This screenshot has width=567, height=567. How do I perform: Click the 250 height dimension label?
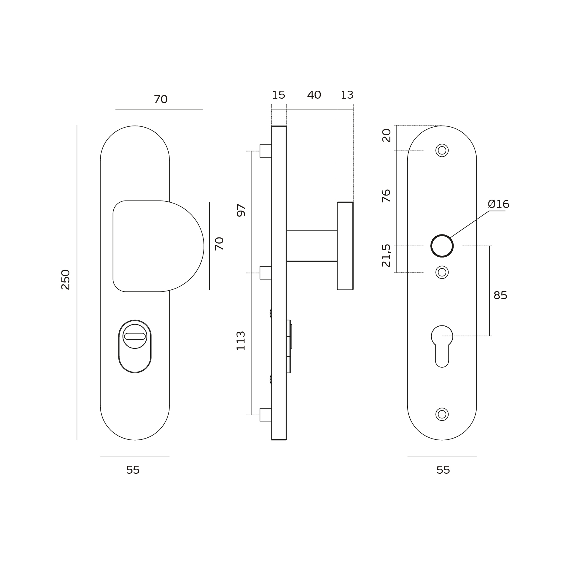tap(65, 279)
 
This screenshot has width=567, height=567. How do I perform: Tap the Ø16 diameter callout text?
tap(498, 204)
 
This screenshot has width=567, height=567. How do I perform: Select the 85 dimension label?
tap(500, 295)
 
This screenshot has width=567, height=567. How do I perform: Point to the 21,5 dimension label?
tap(386, 255)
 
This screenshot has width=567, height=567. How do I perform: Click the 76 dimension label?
tap(386, 196)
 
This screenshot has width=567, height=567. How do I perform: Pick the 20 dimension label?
tap(386, 136)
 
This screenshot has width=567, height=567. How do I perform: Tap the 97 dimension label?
tap(241, 210)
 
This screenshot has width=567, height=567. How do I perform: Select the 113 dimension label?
tap(241, 341)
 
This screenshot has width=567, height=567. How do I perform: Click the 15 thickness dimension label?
tap(278, 95)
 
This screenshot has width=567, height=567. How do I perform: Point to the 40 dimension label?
tap(314, 95)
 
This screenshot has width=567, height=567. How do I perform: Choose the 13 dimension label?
tap(347, 95)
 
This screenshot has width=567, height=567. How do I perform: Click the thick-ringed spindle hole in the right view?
tap(442, 246)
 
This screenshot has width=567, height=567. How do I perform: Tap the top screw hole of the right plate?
tap(442, 150)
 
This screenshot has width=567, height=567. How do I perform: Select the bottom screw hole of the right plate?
tap(442, 414)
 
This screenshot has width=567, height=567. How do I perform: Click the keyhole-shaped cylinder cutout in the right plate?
tap(442, 346)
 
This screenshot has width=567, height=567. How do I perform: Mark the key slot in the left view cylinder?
tap(135, 336)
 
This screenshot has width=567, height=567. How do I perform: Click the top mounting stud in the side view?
tap(265, 151)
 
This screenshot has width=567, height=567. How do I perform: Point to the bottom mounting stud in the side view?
tap(265, 415)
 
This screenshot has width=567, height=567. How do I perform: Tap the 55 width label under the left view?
tap(133, 470)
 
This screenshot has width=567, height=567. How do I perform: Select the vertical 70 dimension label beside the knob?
tap(219, 244)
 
